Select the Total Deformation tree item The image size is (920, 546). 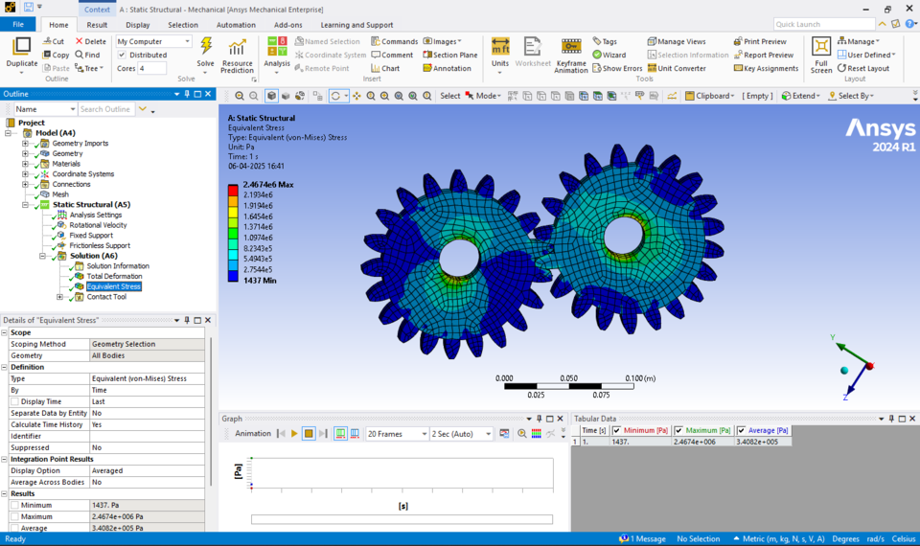tap(114, 276)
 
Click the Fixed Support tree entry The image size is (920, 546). tap(91, 235)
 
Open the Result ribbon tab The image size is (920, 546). tap(97, 25)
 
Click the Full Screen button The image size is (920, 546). tap(821, 55)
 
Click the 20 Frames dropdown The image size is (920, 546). tap(397, 434)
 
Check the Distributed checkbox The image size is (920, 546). tap(122, 55)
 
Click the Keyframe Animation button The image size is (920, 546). tap(571, 55)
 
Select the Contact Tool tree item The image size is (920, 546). tap(106, 297)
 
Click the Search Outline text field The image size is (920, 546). tap(105, 109)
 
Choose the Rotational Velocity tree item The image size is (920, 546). tap(98, 225)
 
